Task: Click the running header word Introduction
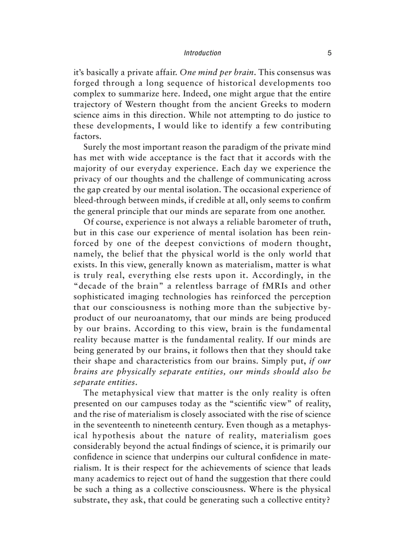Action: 202,53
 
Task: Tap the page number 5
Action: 329,53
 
